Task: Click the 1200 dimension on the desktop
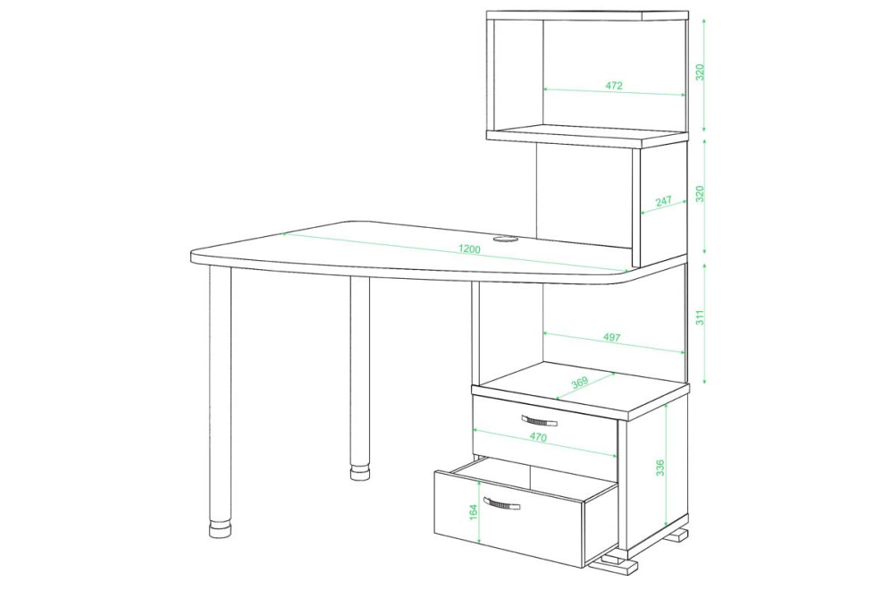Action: point(469,249)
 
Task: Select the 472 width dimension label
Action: point(614,86)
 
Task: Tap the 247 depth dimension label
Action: point(663,201)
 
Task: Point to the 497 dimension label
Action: point(611,337)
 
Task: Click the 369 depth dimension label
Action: point(580,382)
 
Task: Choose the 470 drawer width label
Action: point(538,437)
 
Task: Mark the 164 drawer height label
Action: point(474,511)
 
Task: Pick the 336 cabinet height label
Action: point(660,468)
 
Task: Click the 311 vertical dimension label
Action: point(700,316)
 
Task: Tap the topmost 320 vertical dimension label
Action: point(700,72)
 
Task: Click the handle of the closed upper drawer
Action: point(539,421)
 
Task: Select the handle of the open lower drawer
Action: point(501,503)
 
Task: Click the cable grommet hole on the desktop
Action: point(505,240)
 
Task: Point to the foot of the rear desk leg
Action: point(359,474)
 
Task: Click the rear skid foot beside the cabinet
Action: point(679,535)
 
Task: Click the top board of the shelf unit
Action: point(587,15)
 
